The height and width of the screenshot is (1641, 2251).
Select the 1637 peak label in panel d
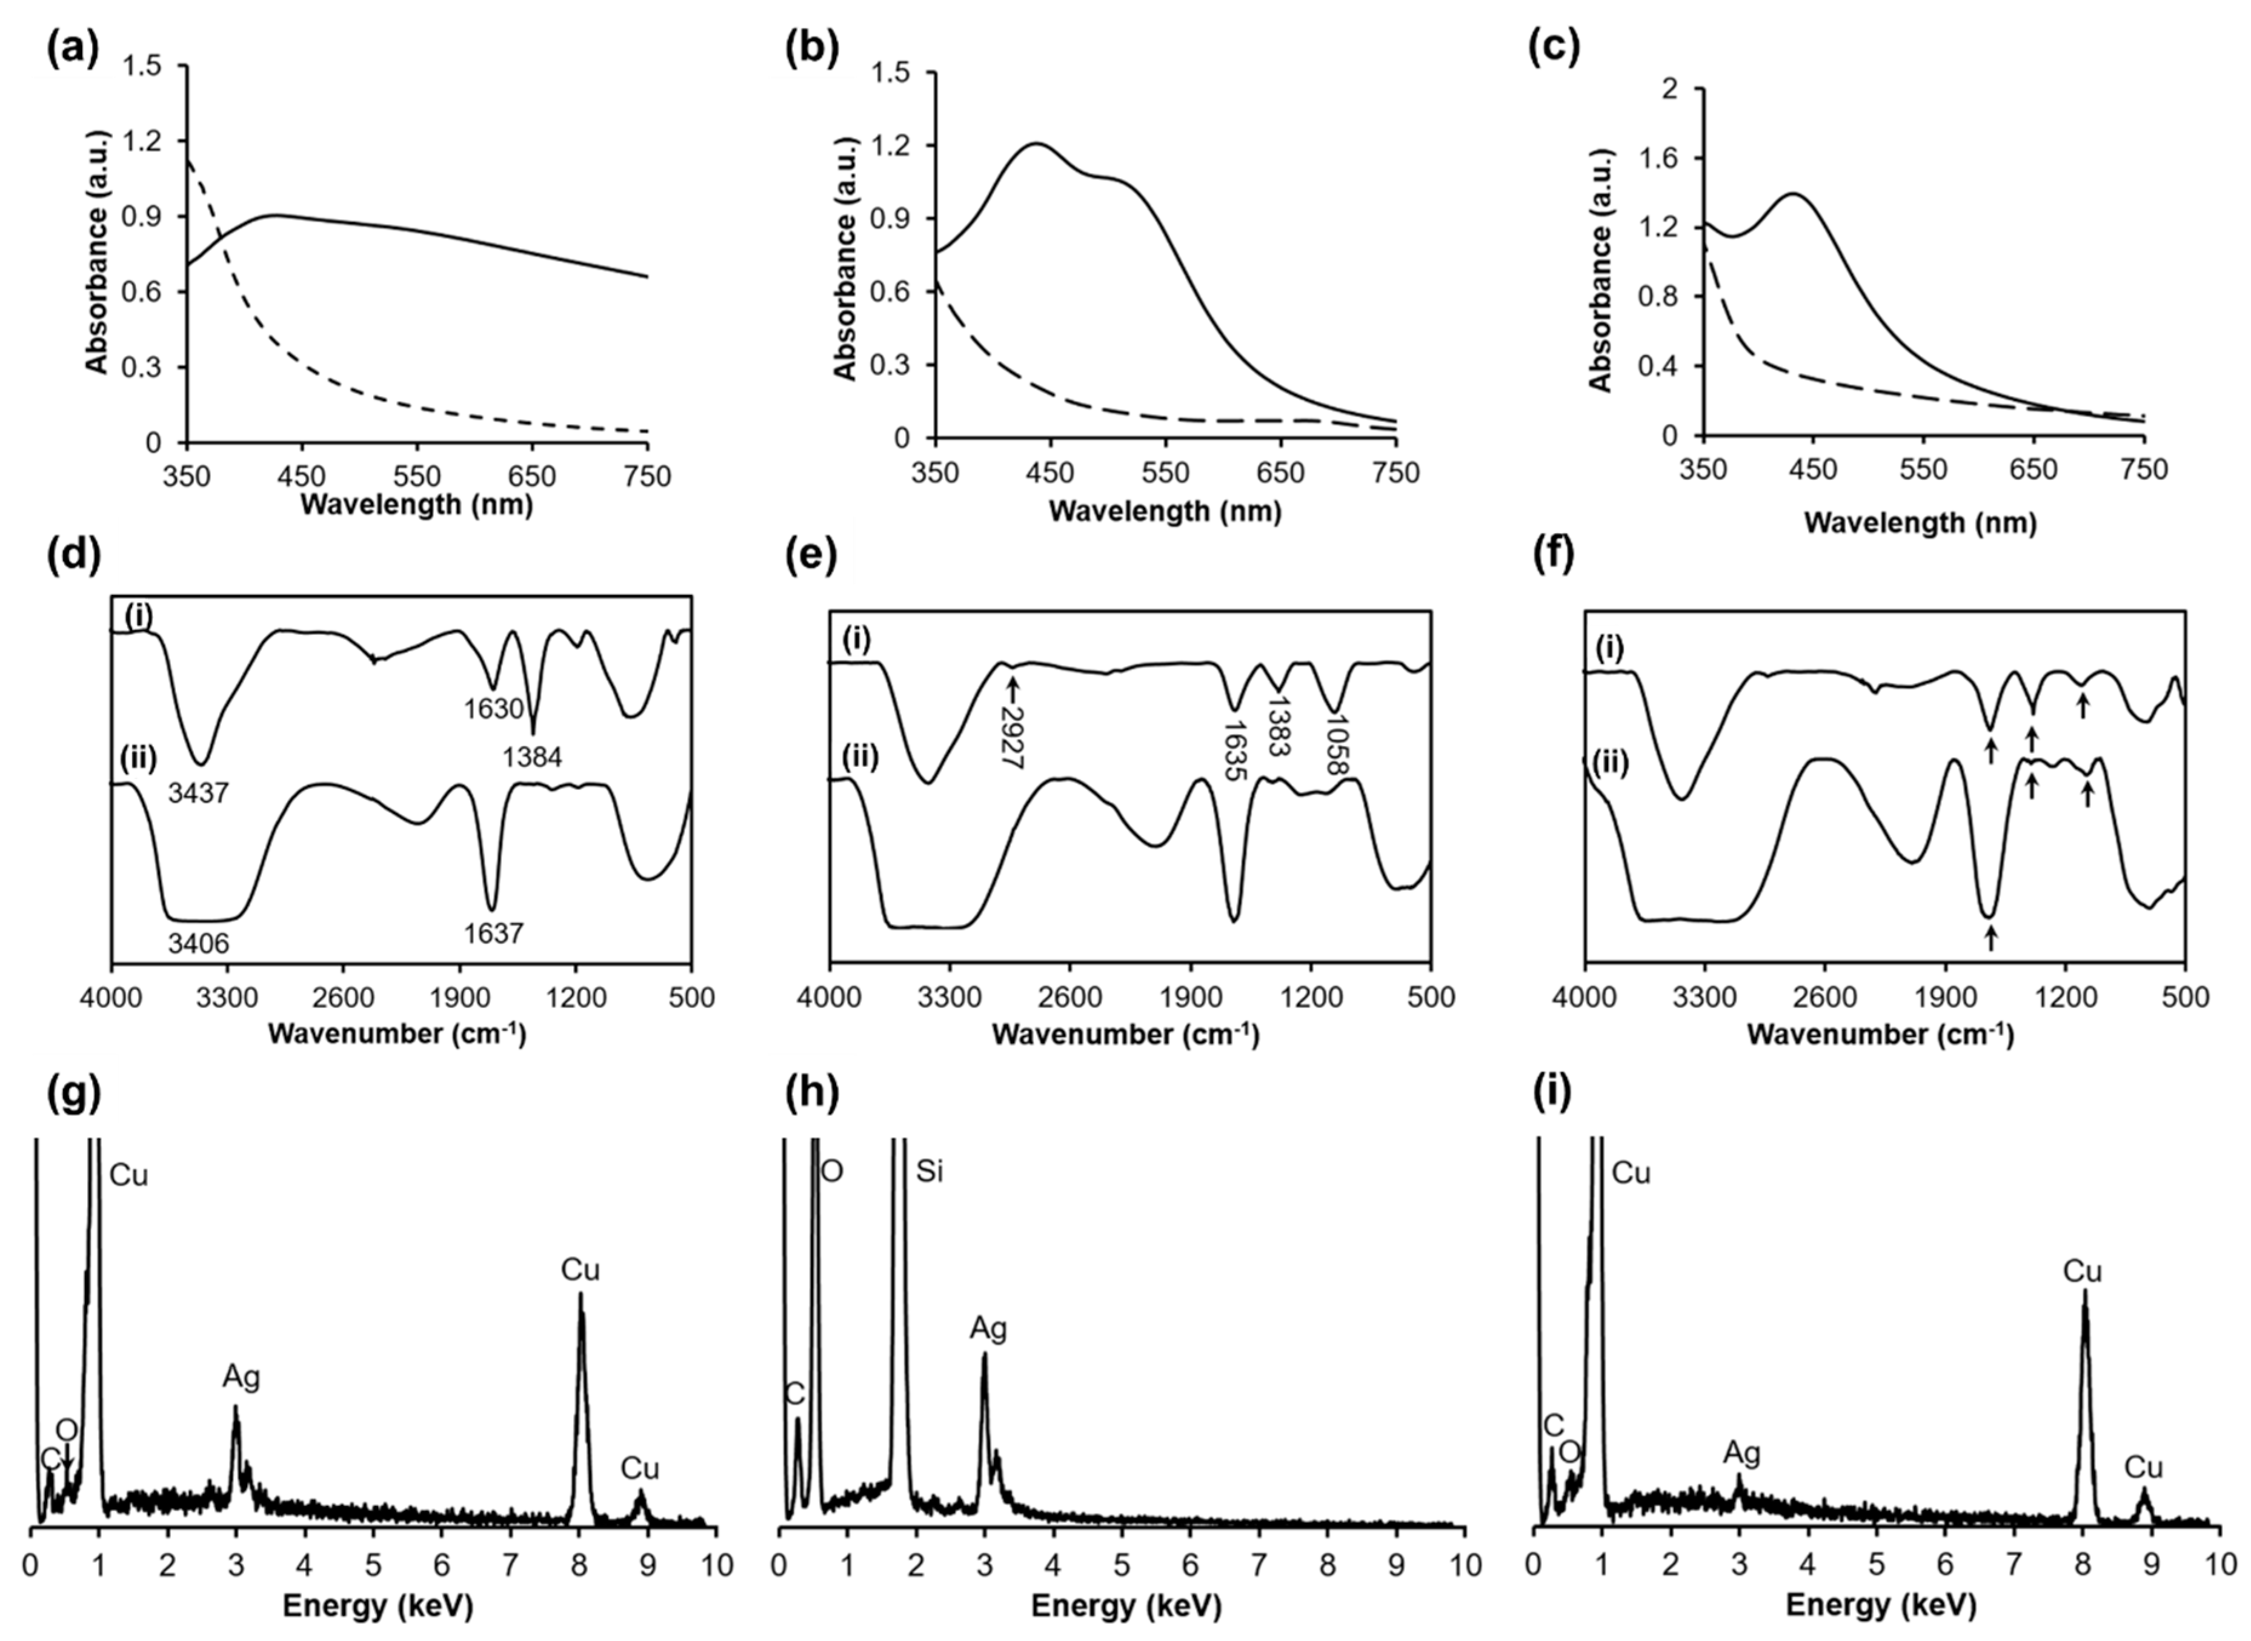tap(492, 933)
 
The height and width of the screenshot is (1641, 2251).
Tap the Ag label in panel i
tap(1741, 1454)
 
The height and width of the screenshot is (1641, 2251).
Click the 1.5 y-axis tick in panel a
tap(143, 67)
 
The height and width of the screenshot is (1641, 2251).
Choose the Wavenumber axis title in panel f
tap(1880, 1035)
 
